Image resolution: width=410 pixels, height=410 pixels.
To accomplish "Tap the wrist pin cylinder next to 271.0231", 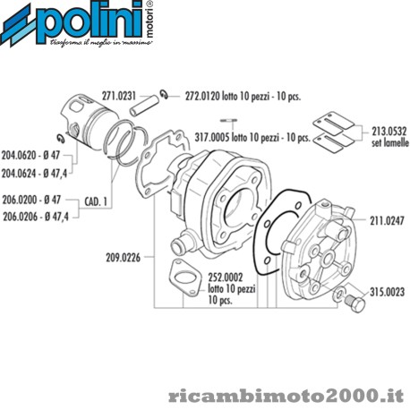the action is click(145, 105).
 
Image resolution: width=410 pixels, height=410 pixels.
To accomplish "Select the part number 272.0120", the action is click(202, 96).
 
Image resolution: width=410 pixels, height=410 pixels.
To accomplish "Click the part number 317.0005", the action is click(212, 138).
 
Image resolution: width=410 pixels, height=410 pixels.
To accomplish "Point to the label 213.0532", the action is click(389, 132).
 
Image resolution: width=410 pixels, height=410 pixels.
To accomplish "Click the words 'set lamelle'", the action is click(390, 142).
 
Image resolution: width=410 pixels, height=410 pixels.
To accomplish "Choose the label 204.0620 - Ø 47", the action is click(30, 156).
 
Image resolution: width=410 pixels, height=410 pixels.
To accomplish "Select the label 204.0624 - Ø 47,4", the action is click(34, 174).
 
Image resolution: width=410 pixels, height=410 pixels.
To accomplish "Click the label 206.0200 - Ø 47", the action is click(31, 200).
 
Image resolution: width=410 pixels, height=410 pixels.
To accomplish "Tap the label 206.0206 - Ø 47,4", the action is click(36, 217).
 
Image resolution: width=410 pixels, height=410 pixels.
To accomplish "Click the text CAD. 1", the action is click(96, 201).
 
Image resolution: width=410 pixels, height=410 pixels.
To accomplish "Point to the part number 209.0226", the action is click(123, 258).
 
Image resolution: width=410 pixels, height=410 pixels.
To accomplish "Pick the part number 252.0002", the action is click(226, 278).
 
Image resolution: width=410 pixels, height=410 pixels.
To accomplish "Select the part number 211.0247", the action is click(387, 221).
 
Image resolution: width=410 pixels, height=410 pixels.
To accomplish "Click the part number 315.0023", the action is click(388, 292).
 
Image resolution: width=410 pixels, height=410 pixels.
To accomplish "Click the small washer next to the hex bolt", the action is click(339, 295).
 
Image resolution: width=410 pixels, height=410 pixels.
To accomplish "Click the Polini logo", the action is click(77, 24).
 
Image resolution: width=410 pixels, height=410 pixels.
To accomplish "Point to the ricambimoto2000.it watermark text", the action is click(286, 396).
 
